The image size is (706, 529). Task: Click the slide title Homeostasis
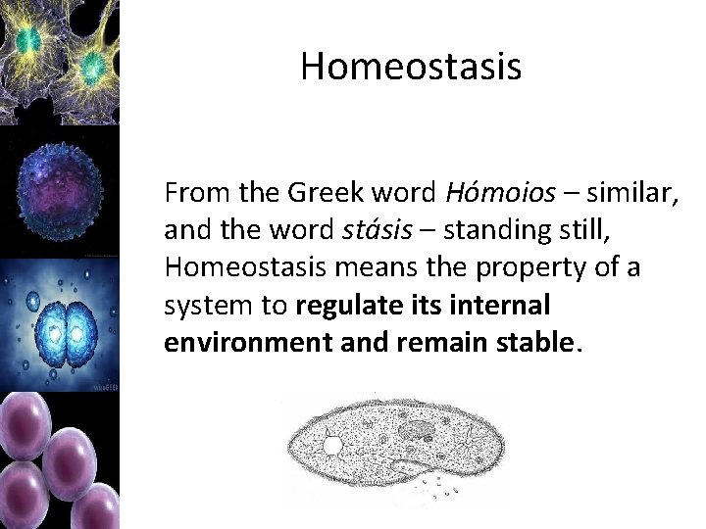point(411,67)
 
